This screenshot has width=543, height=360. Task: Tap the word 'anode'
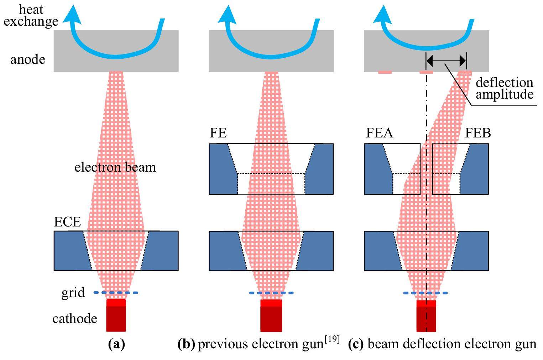pyautogui.click(x=28, y=59)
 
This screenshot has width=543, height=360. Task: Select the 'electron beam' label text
pyautogui.click(x=115, y=167)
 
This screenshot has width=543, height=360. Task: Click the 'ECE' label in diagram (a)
pyautogui.click(x=67, y=222)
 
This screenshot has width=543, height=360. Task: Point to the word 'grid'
pyautogui.click(x=73, y=293)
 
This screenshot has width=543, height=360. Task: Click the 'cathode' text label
pyautogui.click(x=75, y=318)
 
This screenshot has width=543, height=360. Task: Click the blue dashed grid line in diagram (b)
pyautogui.click(x=271, y=293)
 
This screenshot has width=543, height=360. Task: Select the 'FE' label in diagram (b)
pyautogui.click(x=218, y=133)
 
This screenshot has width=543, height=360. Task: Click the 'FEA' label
pyautogui.click(x=380, y=133)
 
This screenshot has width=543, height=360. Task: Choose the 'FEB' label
pyautogui.click(x=478, y=133)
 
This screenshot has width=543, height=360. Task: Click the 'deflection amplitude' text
pyautogui.click(x=504, y=89)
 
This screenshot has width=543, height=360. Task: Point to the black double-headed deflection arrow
pyautogui.click(x=446, y=61)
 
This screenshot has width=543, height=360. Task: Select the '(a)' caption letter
pyautogui.click(x=116, y=344)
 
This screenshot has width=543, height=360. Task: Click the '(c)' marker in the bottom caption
pyautogui.click(x=356, y=344)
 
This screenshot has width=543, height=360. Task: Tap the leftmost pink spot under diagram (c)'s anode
pyautogui.click(x=385, y=72)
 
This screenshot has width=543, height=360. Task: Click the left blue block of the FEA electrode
pyautogui.click(x=376, y=169)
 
